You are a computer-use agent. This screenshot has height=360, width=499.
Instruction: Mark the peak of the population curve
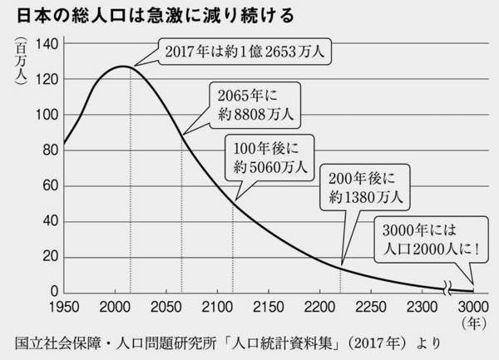122,66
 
